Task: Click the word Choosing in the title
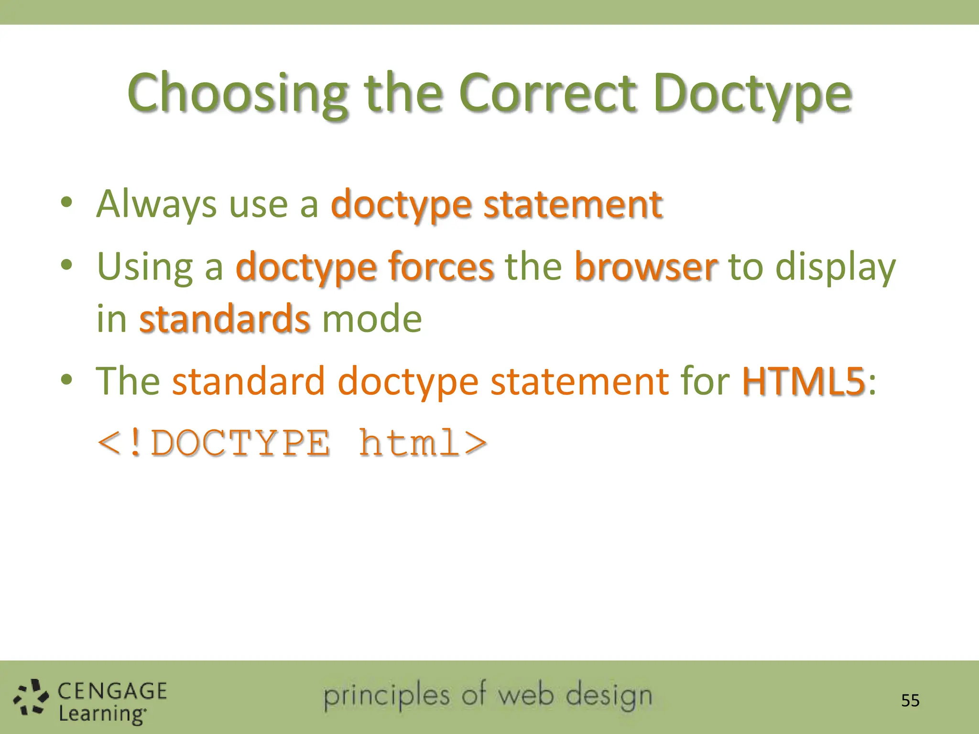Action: pos(238,93)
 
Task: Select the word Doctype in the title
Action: pos(752,93)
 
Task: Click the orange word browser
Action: pos(645,267)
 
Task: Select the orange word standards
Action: pos(224,319)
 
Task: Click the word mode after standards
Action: pos(372,319)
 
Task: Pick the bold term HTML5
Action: pos(803,381)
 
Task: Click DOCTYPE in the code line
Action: pos(240,443)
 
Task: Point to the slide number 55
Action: pos(910,701)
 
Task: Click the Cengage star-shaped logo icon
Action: pos(31,697)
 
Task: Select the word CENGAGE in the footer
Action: pos(112,691)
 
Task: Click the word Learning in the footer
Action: pos(101,714)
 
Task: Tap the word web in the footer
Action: pos(526,695)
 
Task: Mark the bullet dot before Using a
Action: pos(66,264)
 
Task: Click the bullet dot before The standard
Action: pos(66,380)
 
